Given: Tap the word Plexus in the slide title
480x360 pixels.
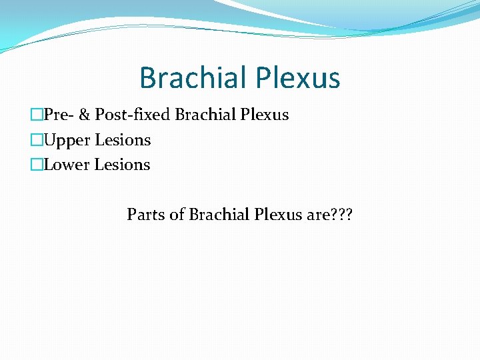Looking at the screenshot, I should tap(299, 78).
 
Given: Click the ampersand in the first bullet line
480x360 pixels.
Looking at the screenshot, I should tap(84, 115).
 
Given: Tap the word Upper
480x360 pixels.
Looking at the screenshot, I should tap(67, 140).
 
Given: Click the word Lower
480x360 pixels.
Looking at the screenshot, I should tap(67, 165).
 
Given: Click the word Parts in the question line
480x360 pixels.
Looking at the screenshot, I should tap(144, 215).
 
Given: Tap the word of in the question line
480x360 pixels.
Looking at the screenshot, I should tap(176, 215).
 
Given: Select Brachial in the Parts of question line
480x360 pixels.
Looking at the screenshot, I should tap(218, 215).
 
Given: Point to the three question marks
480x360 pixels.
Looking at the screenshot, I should tap(343, 215).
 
